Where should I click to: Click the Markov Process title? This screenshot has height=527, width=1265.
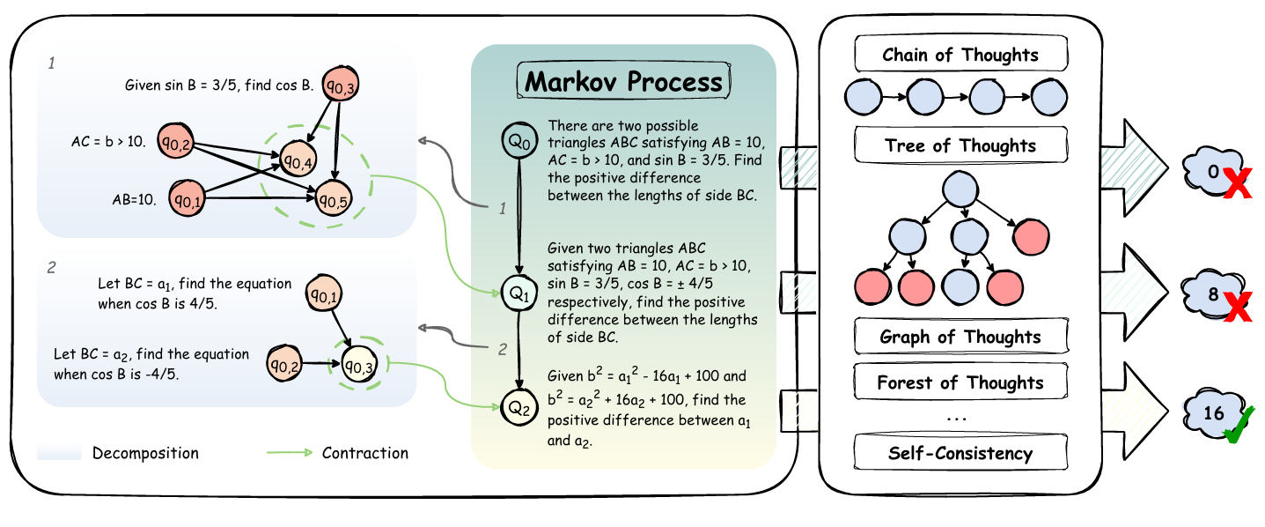(x=623, y=82)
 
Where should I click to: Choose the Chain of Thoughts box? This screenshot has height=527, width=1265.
(x=960, y=56)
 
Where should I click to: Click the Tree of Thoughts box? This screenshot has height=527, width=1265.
(x=960, y=145)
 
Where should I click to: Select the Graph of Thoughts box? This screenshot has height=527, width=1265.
(x=960, y=336)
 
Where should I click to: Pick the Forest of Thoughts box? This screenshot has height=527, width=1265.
(x=960, y=382)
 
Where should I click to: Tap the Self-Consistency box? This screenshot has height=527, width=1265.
(x=960, y=454)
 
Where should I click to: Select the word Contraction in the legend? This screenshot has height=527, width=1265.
(x=365, y=453)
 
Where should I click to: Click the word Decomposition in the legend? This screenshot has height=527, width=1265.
(x=145, y=453)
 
